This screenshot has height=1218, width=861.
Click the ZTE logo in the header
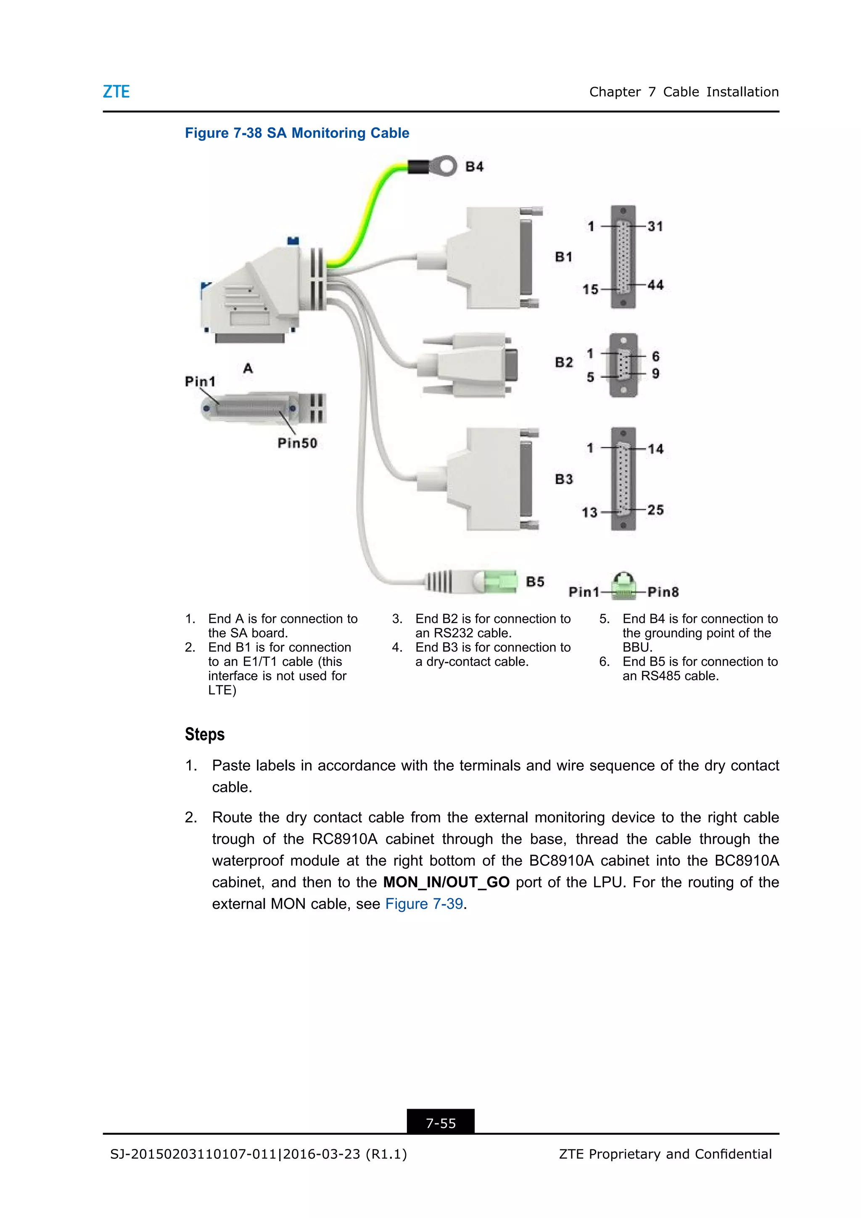tap(116, 92)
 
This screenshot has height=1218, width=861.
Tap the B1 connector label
tap(564, 257)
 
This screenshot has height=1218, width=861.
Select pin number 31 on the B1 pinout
tap(655, 227)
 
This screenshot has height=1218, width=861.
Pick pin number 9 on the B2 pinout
tap(656, 374)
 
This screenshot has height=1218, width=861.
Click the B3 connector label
tap(564, 479)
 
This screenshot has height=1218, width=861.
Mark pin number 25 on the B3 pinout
tap(655, 510)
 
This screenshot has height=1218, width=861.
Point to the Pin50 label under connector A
tap(297, 443)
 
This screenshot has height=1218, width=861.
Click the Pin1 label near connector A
tap(200, 382)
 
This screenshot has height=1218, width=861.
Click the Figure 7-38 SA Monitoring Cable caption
tap(297, 133)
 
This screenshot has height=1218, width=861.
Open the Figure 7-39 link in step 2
tap(424, 904)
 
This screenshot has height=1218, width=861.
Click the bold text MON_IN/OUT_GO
tap(446, 882)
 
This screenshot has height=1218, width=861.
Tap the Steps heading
tap(205, 735)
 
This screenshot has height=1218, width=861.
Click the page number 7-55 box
tap(441, 1123)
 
